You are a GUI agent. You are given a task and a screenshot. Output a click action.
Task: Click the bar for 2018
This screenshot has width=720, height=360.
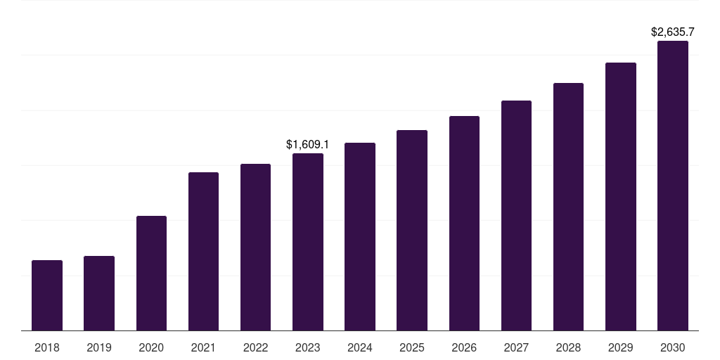tap(47, 295)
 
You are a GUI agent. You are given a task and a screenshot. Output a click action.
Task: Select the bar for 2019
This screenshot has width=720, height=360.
tap(99, 293)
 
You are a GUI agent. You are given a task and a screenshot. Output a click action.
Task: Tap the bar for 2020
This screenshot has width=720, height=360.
tap(151, 273)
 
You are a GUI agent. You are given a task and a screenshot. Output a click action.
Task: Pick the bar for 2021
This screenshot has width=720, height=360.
tap(203, 251)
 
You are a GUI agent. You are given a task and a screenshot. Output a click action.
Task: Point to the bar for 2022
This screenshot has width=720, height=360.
tap(255, 247)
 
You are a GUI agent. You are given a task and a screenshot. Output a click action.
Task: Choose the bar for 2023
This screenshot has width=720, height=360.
tap(308, 242)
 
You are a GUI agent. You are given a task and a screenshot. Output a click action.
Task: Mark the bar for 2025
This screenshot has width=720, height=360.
tap(412, 230)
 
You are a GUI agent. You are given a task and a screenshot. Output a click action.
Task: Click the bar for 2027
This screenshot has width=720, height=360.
tap(516, 215)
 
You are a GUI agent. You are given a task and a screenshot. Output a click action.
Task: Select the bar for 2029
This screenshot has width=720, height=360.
tap(621, 196)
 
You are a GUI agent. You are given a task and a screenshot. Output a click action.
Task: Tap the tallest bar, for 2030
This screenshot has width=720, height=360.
tap(673, 186)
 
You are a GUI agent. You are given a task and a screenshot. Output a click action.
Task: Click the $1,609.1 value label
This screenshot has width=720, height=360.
tap(308, 144)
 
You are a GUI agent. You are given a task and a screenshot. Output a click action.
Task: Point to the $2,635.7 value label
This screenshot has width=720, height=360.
tap(673, 32)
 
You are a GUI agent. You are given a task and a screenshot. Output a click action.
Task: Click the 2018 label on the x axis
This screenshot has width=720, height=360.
tap(47, 347)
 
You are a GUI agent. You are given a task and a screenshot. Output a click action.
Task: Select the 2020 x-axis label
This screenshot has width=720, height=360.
tap(151, 347)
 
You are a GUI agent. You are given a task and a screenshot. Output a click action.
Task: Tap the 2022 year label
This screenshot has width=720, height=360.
tap(255, 347)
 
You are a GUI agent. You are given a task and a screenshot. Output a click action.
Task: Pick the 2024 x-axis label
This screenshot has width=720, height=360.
tap(360, 347)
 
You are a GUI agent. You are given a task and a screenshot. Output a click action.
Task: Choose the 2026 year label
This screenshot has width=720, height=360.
tap(464, 347)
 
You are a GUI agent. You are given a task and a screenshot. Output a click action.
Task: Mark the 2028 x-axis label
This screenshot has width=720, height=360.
tap(568, 347)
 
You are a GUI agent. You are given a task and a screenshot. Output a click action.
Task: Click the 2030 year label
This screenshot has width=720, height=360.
tap(673, 347)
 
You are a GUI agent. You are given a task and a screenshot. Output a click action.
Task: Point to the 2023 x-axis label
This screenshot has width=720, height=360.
tap(308, 347)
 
